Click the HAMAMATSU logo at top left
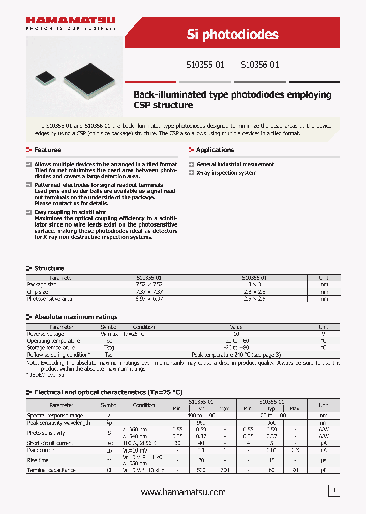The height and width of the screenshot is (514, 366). pyautogui.click(x=71, y=21)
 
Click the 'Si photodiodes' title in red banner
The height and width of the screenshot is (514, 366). pyautogui.click(x=232, y=34)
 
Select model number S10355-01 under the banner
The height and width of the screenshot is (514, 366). pyautogui.click(x=204, y=65)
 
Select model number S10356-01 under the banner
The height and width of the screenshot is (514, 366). pyautogui.click(x=259, y=65)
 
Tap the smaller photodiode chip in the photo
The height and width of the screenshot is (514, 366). pyautogui.click(x=44, y=77)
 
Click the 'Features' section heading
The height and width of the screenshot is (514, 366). pyautogui.click(x=47, y=150)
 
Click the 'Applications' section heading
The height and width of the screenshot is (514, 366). pyautogui.click(x=215, y=150)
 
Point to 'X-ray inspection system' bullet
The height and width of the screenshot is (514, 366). pyautogui.click(x=226, y=173)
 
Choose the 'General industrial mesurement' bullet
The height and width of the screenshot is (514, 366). pyautogui.click(x=235, y=164)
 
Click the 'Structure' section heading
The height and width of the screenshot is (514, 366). pyautogui.click(x=49, y=268)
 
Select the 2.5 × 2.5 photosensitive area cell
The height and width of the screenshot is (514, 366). pyautogui.click(x=254, y=299)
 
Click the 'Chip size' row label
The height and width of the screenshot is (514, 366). pyautogui.click(x=38, y=292)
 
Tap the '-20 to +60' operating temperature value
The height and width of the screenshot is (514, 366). pyautogui.click(x=236, y=341)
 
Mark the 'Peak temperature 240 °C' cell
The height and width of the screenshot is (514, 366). pyautogui.click(x=236, y=355)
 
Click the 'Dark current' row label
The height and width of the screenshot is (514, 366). pyautogui.click(x=42, y=450)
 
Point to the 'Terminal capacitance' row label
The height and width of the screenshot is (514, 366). pyautogui.click(x=51, y=470)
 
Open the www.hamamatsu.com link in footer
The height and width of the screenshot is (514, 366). pyautogui.click(x=183, y=492)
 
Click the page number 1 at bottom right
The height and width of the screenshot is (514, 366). pyautogui.click(x=334, y=491)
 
